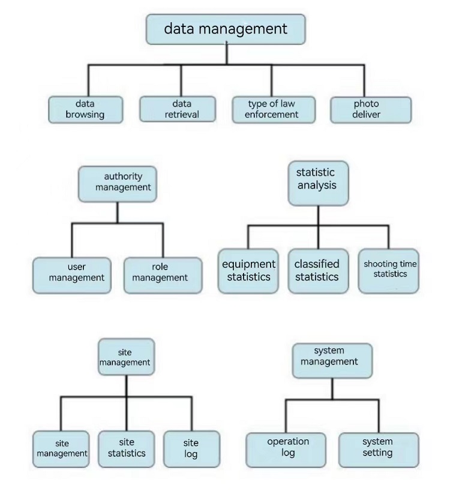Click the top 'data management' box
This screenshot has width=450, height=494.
pyautogui.click(x=226, y=29)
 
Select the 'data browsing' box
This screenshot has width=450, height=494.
pyautogui.click(x=85, y=109)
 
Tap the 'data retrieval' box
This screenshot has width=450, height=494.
pyautogui.click(x=178, y=109)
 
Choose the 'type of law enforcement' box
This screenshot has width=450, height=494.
pyautogui.click(x=274, y=109)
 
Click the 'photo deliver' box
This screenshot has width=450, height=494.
pyautogui.click(x=371, y=110)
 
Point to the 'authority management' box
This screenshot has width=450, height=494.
pyautogui.click(x=118, y=184)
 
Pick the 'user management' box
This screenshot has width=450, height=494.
pyautogui.click(x=72, y=276)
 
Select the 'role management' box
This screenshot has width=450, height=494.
pyautogui.click(x=163, y=276)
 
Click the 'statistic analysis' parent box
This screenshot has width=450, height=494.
pyautogui.click(x=318, y=183)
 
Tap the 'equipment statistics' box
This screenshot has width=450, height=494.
pyautogui.click(x=248, y=271)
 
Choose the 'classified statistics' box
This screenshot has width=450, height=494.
pyautogui.click(x=318, y=271)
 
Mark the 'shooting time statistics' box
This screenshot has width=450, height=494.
pyautogui.click(x=389, y=271)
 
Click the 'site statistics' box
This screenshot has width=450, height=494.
pyautogui.click(x=126, y=449)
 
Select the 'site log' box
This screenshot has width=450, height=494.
pyautogui.click(x=192, y=449)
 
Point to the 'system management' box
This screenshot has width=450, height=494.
pyautogui.click(x=332, y=361)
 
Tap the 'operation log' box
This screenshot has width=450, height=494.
pyautogui.click(x=286, y=450)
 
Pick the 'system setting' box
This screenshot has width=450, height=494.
pyautogui.click(x=379, y=450)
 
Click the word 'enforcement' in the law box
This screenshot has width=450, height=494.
pyautogui.click(x=271, y=115)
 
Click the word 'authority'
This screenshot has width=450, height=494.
pyautogui.click(x=123, y=176)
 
